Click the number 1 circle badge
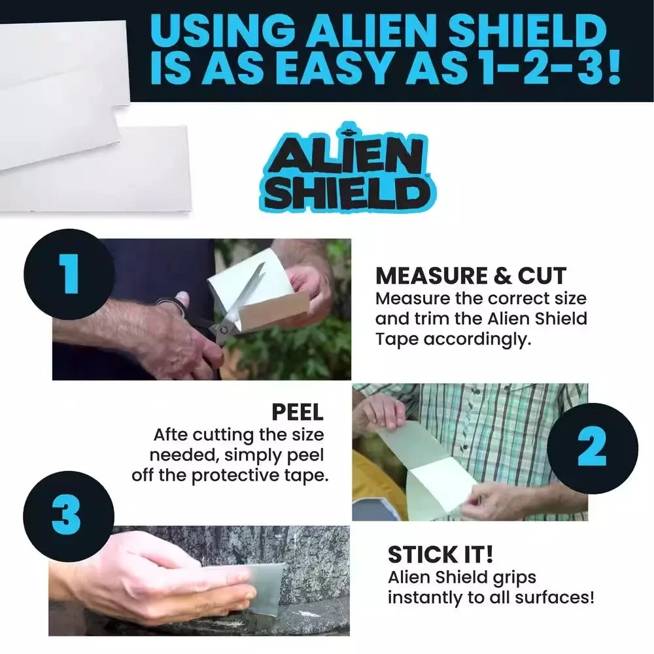coord(69,275)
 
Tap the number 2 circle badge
coord(593,449)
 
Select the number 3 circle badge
coord(69,517)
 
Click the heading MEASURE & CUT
coord(471,276)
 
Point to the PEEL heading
coord(298,412)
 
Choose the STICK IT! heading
coord(440,555)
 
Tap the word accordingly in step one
coord(477,339)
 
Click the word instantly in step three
coord(425,598)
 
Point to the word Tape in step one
coord(397,339)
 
